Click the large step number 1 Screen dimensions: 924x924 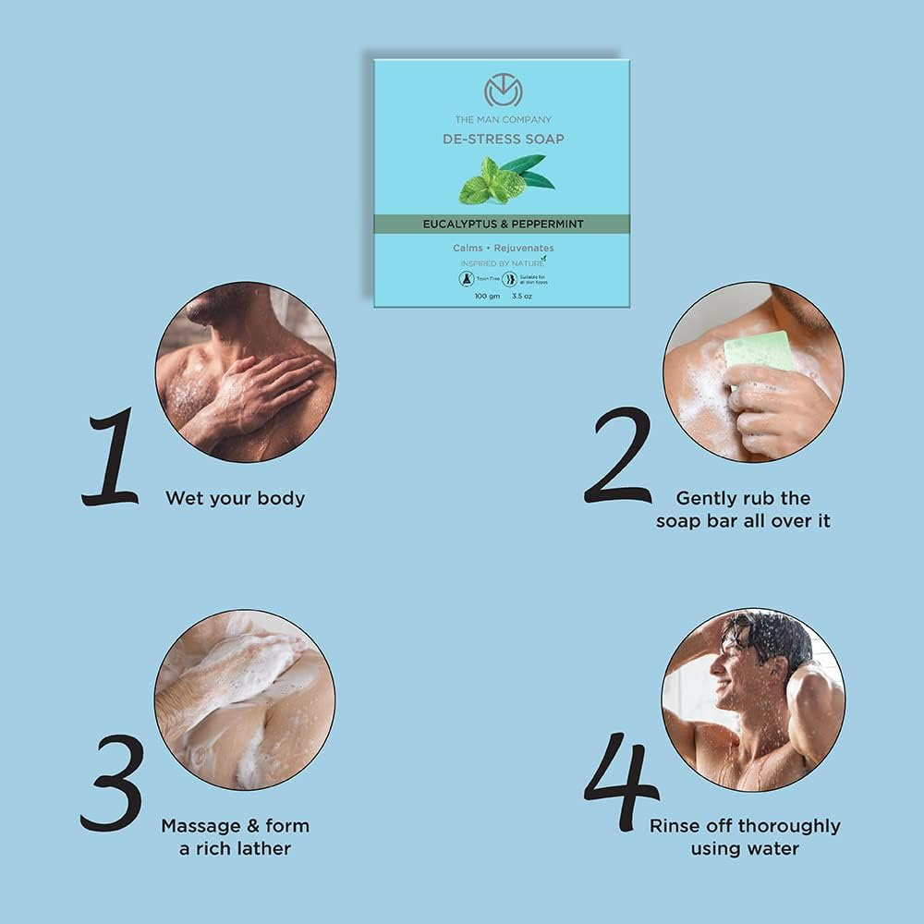coord(111,459)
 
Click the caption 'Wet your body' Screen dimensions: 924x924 coord(235,498)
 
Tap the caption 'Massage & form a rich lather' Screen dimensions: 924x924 coord(235,836)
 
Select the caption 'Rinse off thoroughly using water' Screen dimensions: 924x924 coord(745,836)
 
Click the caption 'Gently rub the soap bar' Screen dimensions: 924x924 coord(743,509)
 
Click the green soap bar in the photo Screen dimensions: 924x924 coord(760,352)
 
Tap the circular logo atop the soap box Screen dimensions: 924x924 coord(503,92)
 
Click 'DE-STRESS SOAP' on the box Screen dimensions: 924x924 coord(503,140)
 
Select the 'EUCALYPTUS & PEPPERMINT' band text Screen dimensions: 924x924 coord(503,224)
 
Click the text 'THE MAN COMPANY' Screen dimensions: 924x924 coord(503,119)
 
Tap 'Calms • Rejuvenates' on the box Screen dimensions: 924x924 coord(503,248)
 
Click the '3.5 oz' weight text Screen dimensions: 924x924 coord(522,297)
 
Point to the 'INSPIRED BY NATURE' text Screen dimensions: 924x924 coord(500,262)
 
